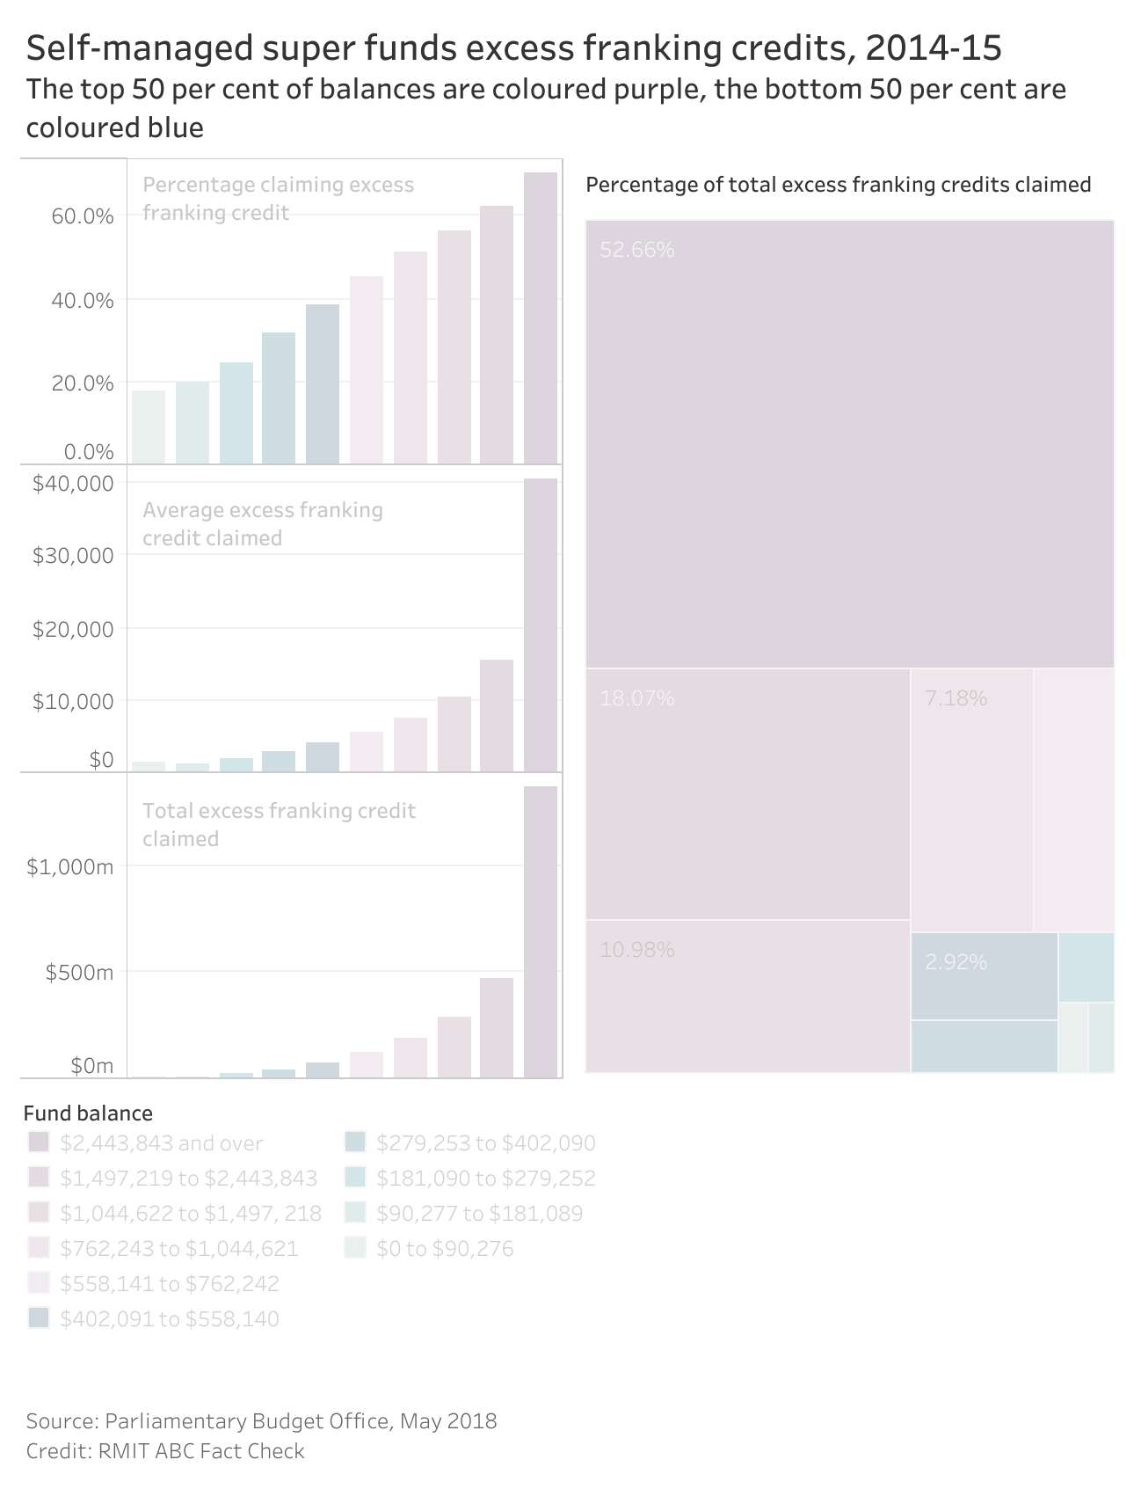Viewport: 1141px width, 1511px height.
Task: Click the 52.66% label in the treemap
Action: click(637, 250)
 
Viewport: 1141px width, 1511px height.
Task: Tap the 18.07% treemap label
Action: click(637, 698)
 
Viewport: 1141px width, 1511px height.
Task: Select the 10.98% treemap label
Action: click(637, 950)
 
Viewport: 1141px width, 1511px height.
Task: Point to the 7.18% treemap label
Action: click(956, 698)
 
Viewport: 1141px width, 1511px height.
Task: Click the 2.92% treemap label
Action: click(956, 962)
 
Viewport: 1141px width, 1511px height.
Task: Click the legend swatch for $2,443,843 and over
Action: click(38, 1142)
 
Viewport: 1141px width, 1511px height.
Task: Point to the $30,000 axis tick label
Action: click(74, 556)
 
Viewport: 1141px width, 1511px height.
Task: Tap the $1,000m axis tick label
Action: click(70, 867)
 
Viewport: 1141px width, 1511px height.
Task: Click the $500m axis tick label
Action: click(80, 973)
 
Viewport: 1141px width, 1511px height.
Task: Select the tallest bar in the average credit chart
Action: click(541, 624)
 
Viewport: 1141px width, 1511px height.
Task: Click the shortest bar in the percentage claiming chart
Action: click(149, 427)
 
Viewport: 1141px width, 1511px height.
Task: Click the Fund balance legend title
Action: click(88, 1113)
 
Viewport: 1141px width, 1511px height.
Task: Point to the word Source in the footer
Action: click(61, 1421)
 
